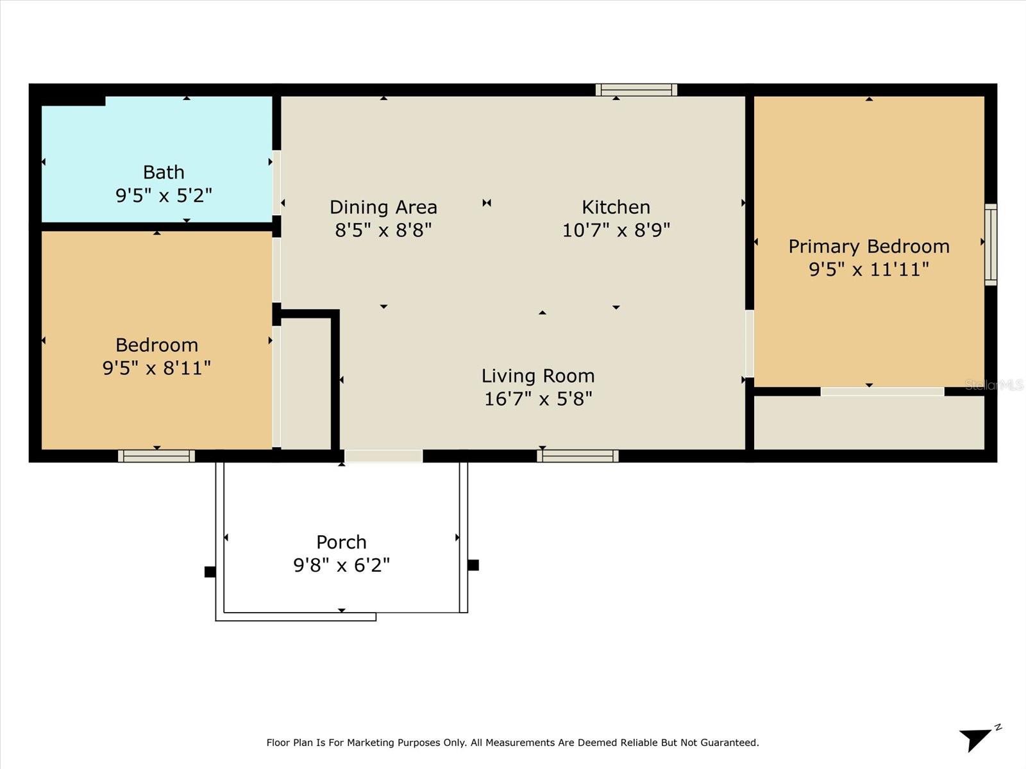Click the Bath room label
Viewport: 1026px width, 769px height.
164,172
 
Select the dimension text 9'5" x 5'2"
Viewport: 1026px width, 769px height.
164,195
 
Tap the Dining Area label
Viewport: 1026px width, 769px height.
383,207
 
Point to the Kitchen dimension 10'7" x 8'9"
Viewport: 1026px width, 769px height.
616,229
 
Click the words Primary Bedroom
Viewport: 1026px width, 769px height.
869,247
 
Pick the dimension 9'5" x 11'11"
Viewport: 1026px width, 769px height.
869,269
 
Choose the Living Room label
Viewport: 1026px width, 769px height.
538,376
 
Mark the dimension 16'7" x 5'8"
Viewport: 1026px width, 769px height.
538,399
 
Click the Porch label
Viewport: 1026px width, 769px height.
341,542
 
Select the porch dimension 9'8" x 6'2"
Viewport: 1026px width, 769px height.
341,565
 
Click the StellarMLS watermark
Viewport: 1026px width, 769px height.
994,385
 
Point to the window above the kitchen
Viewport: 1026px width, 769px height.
636,90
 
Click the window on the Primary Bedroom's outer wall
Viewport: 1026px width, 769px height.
991,245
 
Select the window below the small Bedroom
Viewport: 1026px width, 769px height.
156,456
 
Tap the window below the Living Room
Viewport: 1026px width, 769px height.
578,456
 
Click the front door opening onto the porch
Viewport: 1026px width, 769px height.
383,456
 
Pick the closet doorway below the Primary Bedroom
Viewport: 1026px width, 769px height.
882,392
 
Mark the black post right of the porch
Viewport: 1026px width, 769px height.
473,565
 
